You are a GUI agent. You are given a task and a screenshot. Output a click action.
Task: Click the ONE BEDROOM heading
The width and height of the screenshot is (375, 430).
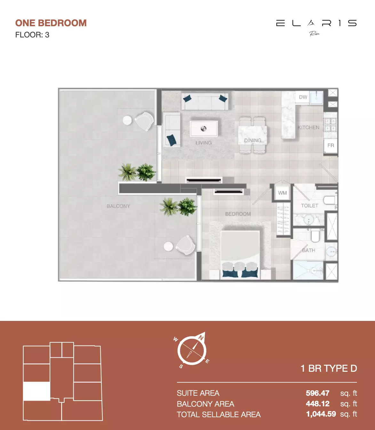tap(51, 23)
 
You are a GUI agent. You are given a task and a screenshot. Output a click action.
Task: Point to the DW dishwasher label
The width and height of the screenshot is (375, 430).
tap(303, 97)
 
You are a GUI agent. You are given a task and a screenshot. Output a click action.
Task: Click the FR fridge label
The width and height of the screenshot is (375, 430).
tap(331, 145)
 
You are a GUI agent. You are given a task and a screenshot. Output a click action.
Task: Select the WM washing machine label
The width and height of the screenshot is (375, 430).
tap(282, 193)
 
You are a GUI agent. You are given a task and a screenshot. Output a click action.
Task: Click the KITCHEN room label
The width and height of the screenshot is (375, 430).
tap(308, 127)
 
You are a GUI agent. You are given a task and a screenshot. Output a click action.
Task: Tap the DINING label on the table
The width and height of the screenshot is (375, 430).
tap(253, 140)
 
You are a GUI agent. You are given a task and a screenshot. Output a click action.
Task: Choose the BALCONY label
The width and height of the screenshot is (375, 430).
tap(118, 206)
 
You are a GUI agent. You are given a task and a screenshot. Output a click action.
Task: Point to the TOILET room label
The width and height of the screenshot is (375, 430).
tap(310, 205)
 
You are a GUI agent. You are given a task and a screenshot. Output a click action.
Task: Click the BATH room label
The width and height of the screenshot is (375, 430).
tap(308, 250)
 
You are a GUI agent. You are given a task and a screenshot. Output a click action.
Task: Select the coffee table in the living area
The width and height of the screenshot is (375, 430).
tap(204, 129)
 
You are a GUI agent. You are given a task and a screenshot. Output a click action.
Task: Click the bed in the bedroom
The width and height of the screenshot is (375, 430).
tap(240, 255)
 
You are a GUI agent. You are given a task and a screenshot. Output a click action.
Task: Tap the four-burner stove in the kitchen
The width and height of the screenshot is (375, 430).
tap(331, 125)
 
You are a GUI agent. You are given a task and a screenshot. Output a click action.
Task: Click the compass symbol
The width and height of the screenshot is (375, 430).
tap(192, 350)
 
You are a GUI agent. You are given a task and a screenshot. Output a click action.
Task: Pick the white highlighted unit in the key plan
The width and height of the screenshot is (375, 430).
tap(36, 391)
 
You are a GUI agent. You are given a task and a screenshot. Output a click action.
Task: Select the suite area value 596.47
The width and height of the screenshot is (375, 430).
tap(318, 393)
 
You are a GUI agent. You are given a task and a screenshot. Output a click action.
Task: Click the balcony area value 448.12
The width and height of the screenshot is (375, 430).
tap(318, 404)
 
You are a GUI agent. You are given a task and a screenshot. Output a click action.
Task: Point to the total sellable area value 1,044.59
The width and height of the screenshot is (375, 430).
tap(321, 414)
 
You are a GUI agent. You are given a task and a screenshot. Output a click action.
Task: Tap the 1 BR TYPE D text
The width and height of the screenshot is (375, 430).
tap(329, 369)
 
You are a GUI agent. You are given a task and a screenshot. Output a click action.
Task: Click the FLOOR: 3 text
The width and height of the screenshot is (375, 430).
tap(32, 35)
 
